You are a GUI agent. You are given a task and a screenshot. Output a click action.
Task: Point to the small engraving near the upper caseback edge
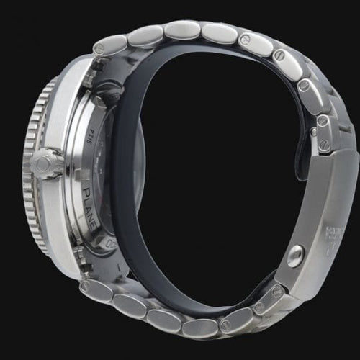tap(91, 125)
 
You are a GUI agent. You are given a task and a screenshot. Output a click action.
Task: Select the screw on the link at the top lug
tap(99, 49)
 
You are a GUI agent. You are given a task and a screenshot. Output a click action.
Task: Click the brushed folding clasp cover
tap(317, 216)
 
